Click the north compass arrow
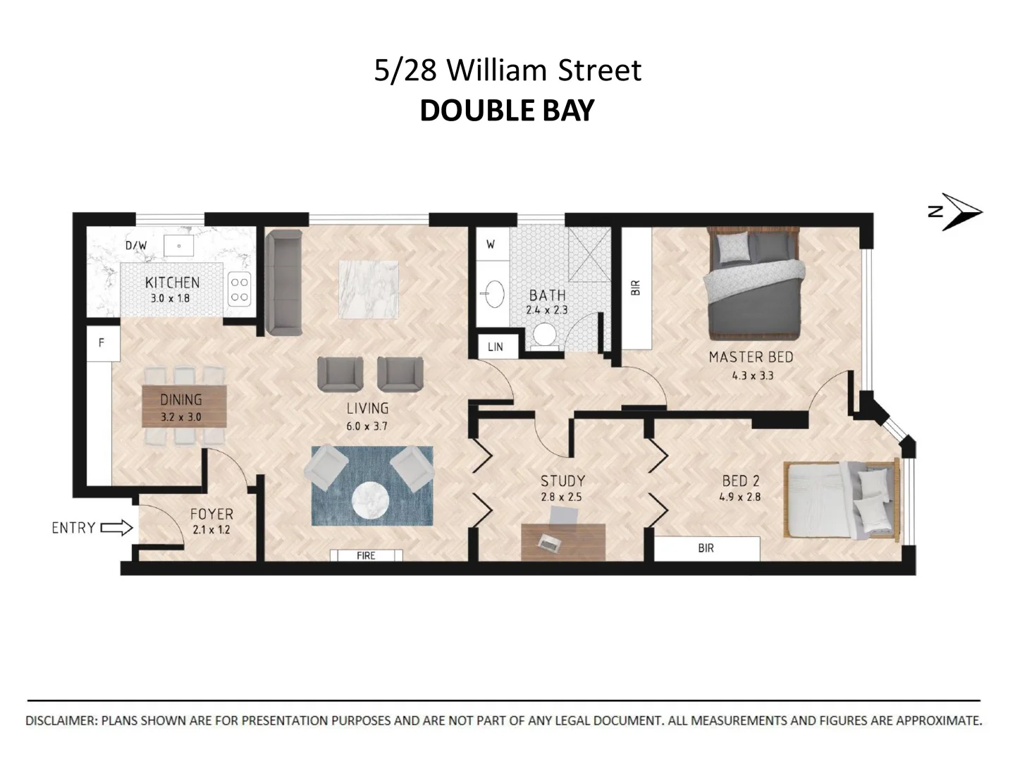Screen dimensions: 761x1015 963,211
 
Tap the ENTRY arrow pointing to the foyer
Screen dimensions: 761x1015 117,528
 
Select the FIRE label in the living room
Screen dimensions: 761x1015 366,555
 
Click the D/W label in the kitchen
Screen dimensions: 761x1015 136,245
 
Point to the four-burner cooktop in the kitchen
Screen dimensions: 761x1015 240,290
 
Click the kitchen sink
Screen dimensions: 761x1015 180,246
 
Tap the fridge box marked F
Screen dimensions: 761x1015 101,343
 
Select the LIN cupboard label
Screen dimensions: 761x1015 496,347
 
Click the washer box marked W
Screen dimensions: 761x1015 491,245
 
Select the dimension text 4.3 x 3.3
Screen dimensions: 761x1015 752,376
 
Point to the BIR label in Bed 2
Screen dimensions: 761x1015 706,548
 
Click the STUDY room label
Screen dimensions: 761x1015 562,481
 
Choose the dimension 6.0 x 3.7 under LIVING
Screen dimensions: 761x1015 367,426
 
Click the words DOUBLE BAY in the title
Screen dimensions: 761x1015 507,111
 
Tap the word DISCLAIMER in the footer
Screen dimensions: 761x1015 61,721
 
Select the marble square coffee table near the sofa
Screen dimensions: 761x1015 369,289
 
